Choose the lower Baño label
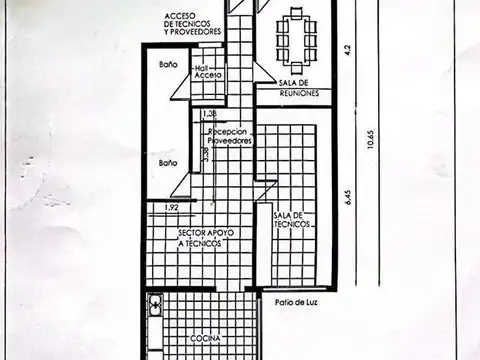point(167,161)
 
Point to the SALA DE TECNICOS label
point(292,219)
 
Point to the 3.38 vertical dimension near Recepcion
point(205,153)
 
